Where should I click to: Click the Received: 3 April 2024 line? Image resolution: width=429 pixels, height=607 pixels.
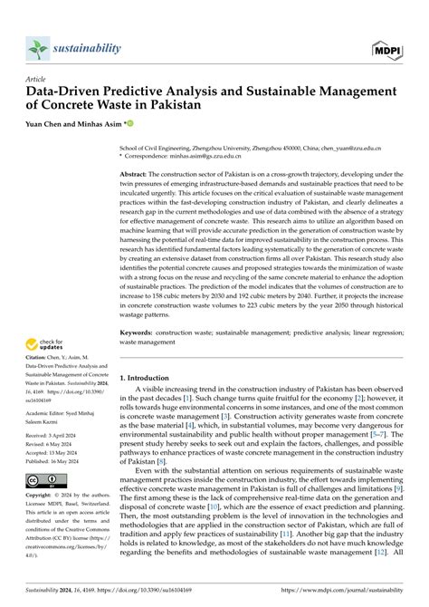(x=55, y=435)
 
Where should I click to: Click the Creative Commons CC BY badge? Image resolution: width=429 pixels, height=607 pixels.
(x=43, y=480)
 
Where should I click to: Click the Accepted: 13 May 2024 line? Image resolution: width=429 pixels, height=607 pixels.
(x=56, y=452)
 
